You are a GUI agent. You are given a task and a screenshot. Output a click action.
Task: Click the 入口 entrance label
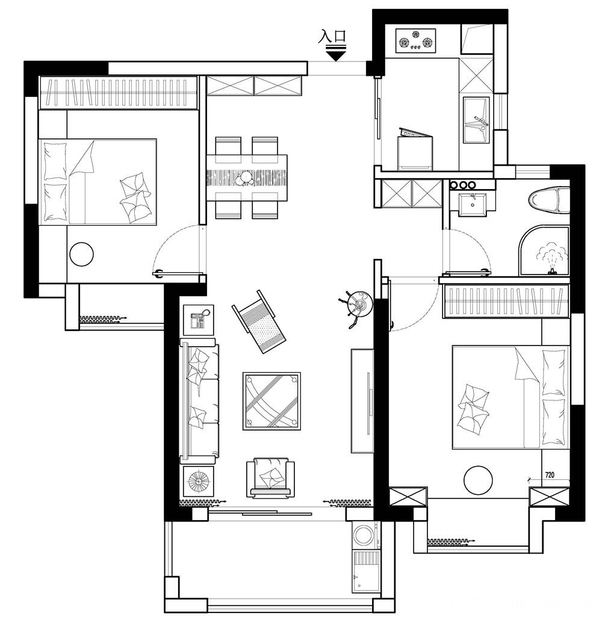332,36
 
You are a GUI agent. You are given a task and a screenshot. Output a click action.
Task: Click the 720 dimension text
549,475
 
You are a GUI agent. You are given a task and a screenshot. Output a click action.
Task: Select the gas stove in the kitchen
416,41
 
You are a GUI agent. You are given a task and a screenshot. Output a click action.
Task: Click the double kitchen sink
476,120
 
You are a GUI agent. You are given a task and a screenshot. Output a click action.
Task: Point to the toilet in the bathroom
549,199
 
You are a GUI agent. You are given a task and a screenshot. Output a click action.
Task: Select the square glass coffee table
272,401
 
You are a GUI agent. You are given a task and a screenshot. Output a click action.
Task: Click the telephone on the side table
199,320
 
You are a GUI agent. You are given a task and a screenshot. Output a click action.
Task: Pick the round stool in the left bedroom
82,254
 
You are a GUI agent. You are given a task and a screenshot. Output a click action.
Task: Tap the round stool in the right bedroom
478,480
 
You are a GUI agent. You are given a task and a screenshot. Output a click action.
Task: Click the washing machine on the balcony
366,536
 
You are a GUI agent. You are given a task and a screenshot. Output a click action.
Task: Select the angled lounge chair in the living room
259,322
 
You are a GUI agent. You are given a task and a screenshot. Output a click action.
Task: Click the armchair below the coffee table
270,477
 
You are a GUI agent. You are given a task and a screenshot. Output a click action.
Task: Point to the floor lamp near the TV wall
356,308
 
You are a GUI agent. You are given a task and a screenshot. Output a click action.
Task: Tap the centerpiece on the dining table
246,177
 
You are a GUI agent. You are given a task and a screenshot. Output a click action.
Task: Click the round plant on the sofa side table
199,481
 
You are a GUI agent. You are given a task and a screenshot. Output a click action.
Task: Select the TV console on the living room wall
363,401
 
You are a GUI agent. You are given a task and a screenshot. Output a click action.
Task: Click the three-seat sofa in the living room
199,401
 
